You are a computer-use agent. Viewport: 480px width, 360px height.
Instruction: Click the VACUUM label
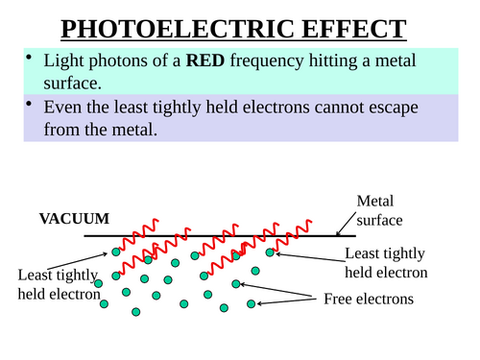(x=74, y=219)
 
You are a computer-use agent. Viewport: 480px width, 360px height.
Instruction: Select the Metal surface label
(x=383, y=210)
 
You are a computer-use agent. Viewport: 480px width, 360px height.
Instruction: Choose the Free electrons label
(x=369, y=299)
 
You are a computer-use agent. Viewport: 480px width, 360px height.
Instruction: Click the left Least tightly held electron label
(x=59, y=284)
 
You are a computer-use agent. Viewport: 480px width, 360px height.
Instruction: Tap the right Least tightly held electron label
(x=385, y=262)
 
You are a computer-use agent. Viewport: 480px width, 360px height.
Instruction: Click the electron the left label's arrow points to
(x=115, y=252)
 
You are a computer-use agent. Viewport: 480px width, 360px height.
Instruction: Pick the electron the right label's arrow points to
(x=270, y=252)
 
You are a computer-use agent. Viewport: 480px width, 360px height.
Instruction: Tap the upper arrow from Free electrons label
(x=284, y=290)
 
